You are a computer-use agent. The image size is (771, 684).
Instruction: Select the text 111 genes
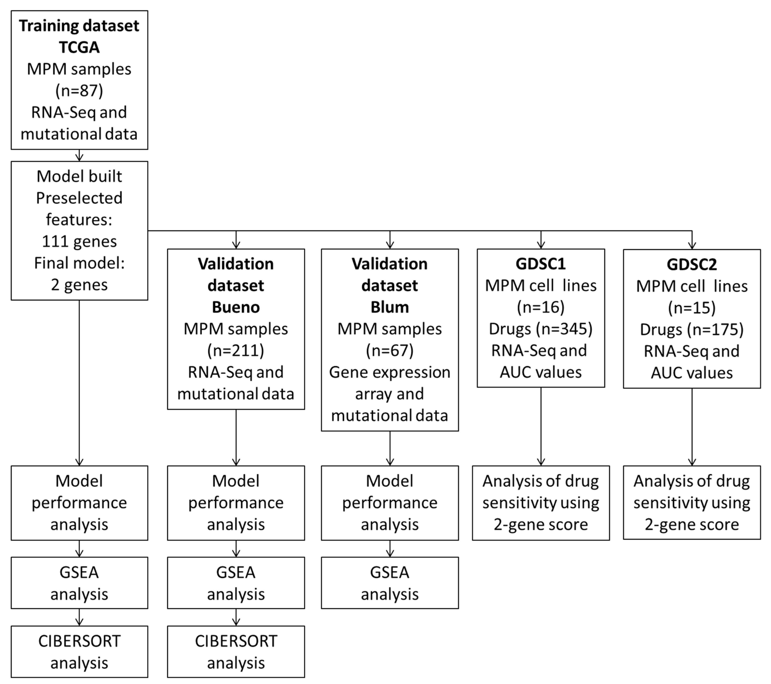click(79, 241)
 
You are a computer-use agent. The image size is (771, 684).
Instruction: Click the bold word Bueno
click(236, 307)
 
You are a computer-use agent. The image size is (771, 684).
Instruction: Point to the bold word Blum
click(390, 307)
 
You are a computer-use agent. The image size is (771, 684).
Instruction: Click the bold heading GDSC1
click(540, 264)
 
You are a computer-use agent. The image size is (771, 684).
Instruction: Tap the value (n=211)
click(236, 351)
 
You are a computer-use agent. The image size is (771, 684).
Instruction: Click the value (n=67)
click(390, 351)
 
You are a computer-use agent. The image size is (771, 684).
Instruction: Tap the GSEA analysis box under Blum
click(390, 583)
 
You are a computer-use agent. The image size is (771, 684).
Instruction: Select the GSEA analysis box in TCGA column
click(79, 583)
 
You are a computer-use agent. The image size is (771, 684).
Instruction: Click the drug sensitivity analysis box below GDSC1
click(540, 503)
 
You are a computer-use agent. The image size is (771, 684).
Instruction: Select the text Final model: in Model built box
click(79, 263)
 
